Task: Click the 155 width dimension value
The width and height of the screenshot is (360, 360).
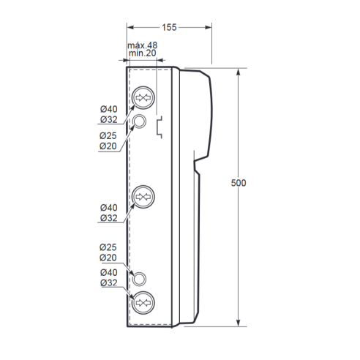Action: click(169, 27)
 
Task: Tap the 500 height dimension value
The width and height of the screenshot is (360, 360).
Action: click(239, 183)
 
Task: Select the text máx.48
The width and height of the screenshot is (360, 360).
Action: click(143, 45)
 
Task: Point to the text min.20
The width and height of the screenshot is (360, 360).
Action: click(143, 53)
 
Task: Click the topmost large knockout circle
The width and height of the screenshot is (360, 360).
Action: click(143, 97)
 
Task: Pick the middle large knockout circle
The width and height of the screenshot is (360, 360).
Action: click(143, 197)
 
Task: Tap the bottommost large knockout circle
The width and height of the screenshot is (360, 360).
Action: click(143, 303)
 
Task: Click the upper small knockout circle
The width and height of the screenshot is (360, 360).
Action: click(139, 121)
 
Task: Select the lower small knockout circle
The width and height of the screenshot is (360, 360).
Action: click(139, 279)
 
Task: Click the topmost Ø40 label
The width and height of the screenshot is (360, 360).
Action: click(109, 109)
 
